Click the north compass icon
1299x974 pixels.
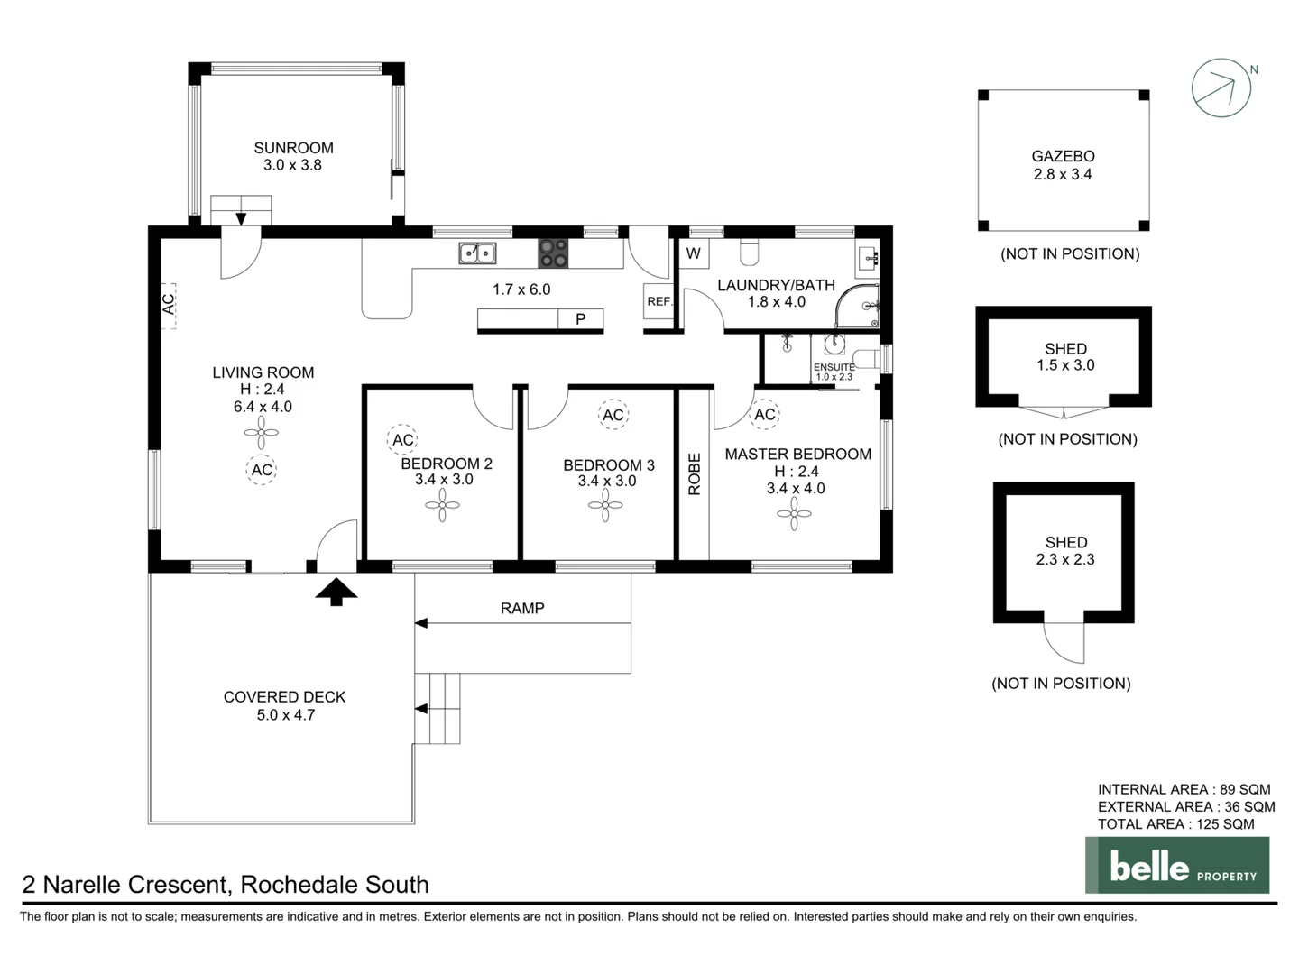[x=1221, y=87]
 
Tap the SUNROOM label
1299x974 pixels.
[x=293, y=148]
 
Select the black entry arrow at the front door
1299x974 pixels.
[x=336, y=592]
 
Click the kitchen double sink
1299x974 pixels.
[x=477, y=253]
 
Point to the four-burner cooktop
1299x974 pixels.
[x=553, y=253]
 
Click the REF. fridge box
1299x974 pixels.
[x=659, y=301]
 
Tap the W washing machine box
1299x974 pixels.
[x=694, y=253]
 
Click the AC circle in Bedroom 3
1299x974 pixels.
[x=613, y=415]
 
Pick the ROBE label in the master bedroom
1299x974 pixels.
[x=694, y=474]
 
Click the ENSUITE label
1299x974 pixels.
[x=834, y=367]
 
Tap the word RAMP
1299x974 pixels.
[x=522, y=609]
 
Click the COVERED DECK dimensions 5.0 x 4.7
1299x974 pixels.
[x=285, y=715]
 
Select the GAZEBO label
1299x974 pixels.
[x=1063, y=156]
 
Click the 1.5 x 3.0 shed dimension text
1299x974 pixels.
[x=1065, y=365]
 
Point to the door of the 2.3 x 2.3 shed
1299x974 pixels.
[x=1064, y=641]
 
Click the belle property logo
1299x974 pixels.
[x=1177, y=866]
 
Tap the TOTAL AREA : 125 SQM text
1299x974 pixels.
[x=1175, y=823]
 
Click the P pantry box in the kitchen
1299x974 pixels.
[x=580, y=319]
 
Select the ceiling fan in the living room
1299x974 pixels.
[x=261, y=433]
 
